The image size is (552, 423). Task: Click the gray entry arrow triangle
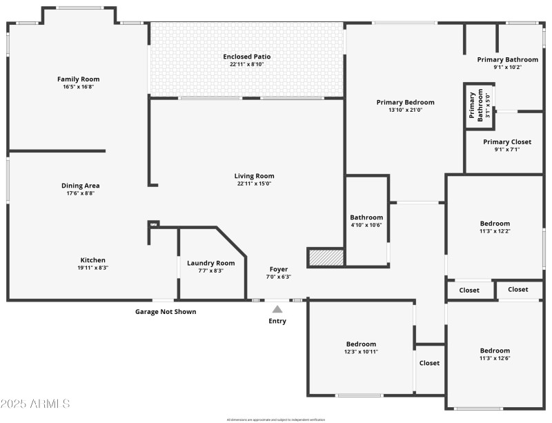(x=277, y=309)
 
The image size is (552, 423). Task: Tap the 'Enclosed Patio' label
(x=246, y=56)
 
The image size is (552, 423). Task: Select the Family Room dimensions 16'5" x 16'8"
(x=78, y=87)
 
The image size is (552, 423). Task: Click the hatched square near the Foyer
(x=326, y=257)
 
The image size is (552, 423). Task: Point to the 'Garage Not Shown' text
(x=165, y=312)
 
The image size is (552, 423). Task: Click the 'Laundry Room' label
(x=210, y=263)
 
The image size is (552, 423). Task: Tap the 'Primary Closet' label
(x=507, y=141)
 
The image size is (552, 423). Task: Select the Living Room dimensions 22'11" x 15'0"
(x=254, y=184)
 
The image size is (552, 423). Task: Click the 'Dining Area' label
(x=81, y=186)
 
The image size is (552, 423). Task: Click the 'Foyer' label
(x=279, y=269)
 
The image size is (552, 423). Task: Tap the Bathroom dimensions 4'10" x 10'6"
(x=366, y=225)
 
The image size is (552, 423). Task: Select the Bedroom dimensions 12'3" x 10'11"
(x=361, y=351)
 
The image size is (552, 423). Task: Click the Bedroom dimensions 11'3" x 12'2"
(x=495, y=231)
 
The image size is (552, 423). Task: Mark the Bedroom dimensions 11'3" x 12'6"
(x=495, y=358)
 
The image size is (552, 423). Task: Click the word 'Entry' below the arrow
(x=277, y=321)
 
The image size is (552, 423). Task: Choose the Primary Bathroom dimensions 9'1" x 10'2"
(x=507, y=67)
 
